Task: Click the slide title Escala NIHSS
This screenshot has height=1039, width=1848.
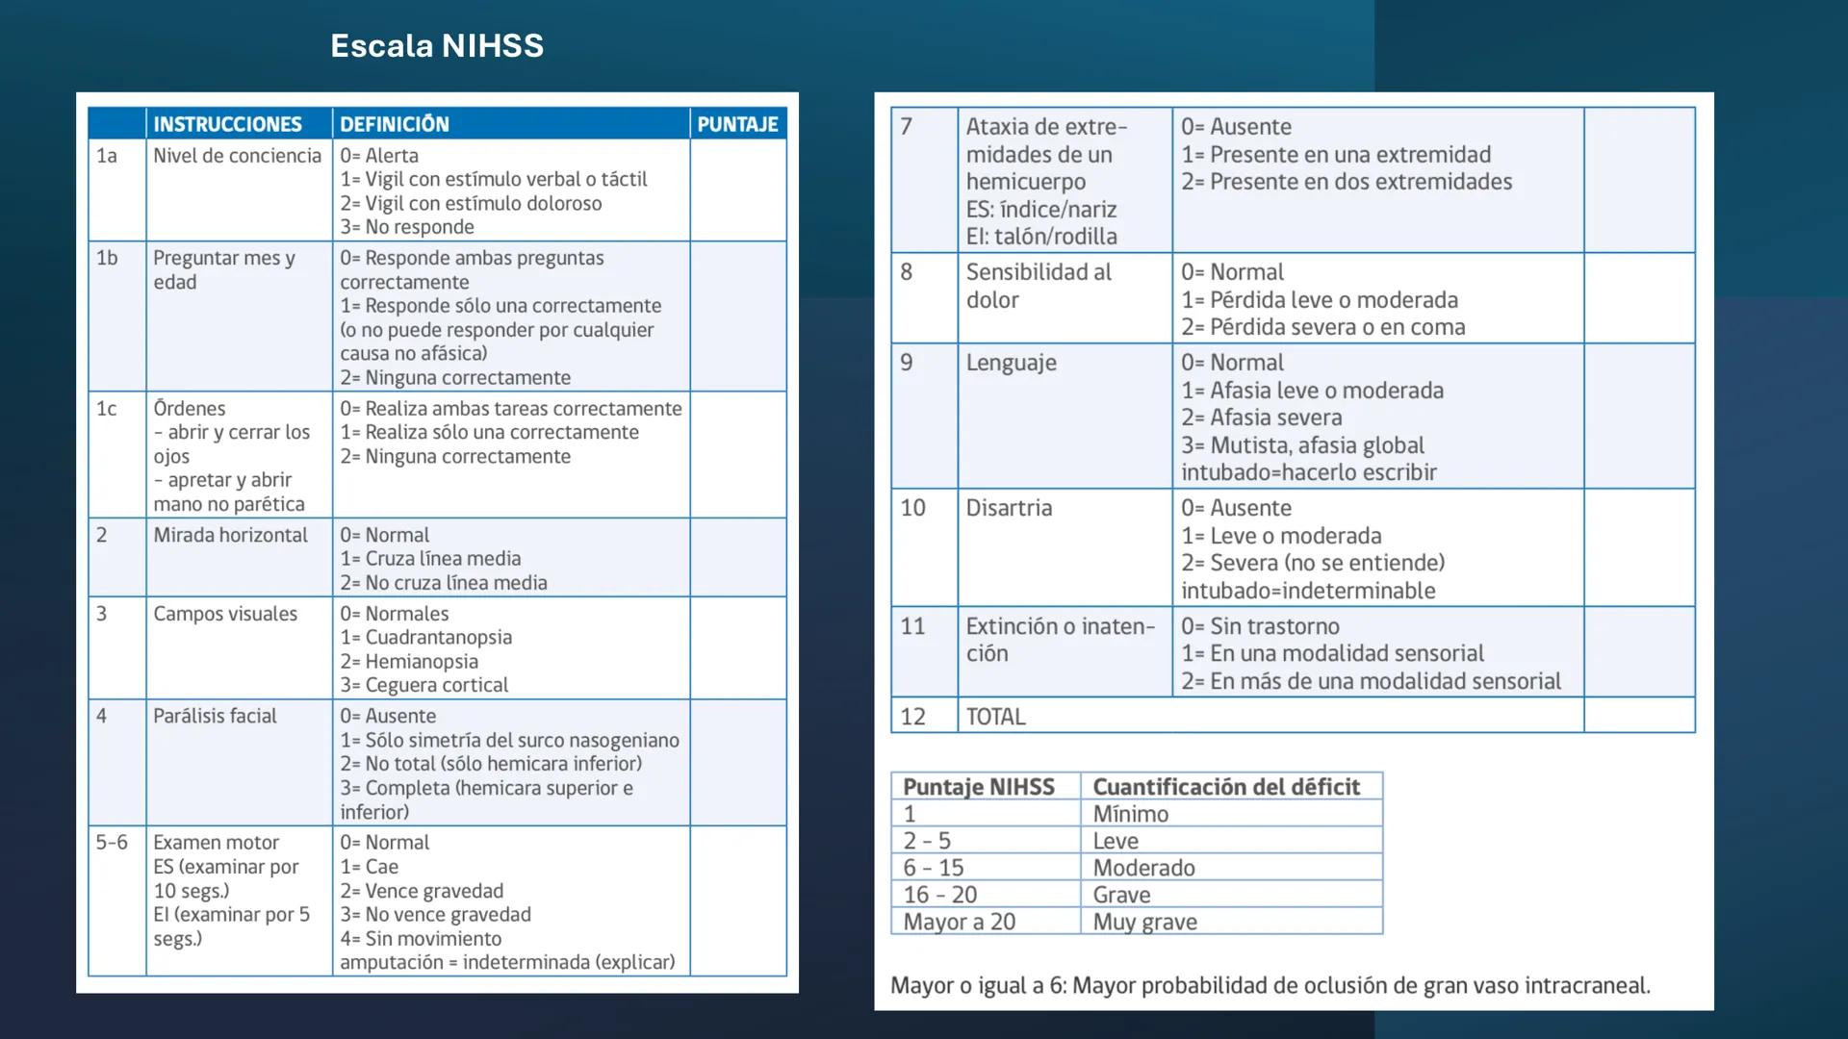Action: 437,45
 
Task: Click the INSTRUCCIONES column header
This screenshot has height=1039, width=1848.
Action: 227,124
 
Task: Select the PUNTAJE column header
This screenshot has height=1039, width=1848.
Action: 737,124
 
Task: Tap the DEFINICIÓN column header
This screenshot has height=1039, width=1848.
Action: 395,124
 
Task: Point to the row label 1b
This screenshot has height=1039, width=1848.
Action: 107,258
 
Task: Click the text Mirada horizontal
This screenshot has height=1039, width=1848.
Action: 230,535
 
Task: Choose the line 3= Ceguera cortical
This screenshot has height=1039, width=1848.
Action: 423,685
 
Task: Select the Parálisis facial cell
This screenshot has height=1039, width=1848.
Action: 215,716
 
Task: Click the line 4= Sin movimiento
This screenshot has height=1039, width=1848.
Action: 421,938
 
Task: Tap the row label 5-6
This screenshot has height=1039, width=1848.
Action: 112,843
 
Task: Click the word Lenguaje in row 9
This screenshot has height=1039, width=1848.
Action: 1011,363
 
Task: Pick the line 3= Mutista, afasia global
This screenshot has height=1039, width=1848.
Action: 1302,445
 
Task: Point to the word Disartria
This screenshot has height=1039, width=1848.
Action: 1009,508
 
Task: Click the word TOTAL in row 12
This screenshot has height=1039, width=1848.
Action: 995,717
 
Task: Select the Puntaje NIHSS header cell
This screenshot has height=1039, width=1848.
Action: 979,787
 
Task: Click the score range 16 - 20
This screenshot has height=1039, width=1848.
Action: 939,895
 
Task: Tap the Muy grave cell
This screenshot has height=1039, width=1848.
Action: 1144,922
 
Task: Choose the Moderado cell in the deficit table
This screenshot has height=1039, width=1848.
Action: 1143,868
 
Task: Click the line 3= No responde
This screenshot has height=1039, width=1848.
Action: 407,227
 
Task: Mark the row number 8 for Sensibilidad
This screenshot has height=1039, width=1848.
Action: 906,272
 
